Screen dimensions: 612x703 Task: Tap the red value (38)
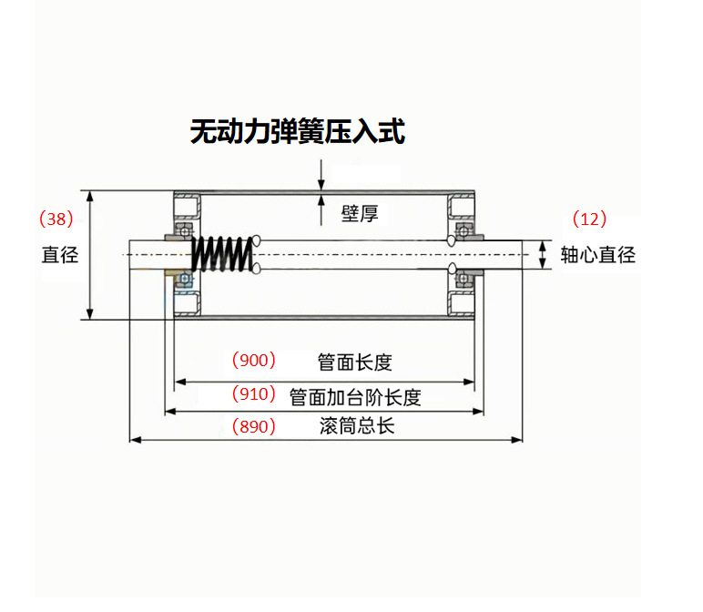pos(56,219)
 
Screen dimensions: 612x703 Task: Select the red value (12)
pos(589,219)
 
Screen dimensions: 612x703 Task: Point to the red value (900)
pos(254,360)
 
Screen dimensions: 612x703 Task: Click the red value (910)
pos(254,394)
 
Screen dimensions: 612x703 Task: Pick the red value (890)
pos(254,426)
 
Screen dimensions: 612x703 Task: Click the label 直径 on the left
pos(60,255)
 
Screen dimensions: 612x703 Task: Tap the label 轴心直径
pos(597,255)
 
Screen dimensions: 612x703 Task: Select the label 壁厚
pos(359,214)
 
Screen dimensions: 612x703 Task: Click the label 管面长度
pos(354,362)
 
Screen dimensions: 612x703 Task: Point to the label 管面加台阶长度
pos(355,397)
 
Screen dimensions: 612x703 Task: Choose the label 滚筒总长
pos(357,426)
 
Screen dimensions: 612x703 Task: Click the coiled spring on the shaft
pos(221,254)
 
